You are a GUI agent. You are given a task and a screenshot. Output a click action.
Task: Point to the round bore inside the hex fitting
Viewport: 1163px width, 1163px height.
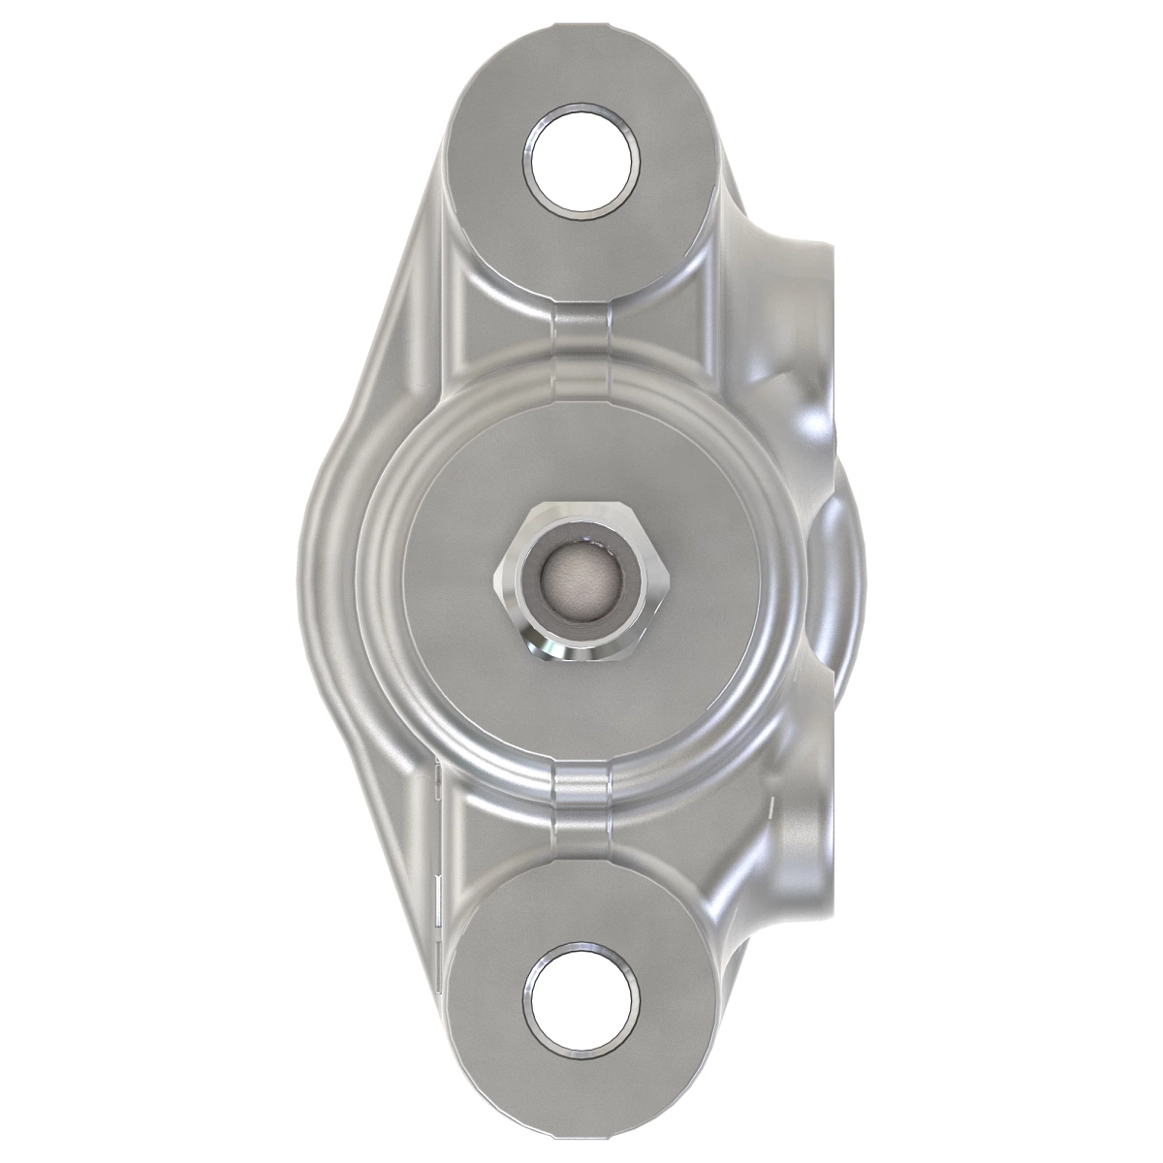581,581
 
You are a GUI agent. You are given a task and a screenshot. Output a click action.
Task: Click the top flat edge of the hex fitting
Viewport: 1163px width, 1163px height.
581,508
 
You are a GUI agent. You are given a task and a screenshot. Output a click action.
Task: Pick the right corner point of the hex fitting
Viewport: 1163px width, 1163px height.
668,581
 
